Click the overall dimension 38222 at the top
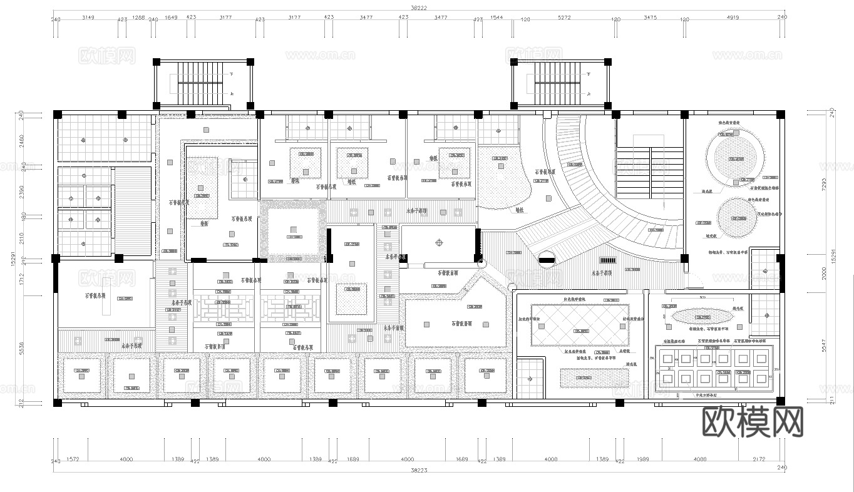coord(419,8)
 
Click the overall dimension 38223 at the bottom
coord(419,469)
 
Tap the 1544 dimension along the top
coord(497,18)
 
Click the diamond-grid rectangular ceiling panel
coord(579,325)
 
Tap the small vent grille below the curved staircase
coord(608,260)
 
